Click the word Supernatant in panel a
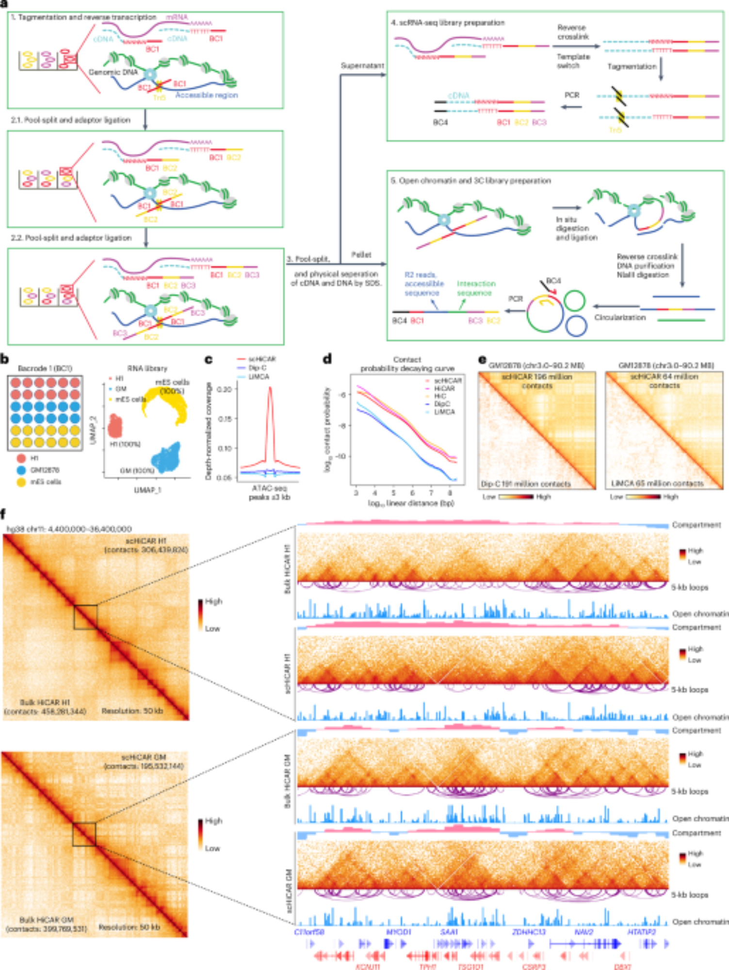(362, 65)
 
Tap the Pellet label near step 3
(361, 255)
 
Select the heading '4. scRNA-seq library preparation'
(448, 23)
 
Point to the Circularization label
(620, 317)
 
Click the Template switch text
(573, 61)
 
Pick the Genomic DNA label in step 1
(113, 72)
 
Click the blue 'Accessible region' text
(207, 95)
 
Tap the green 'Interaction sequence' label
(476, 288)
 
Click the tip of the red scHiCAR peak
(270, 387)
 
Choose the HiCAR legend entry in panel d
(444, 388)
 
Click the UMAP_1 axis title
(147, 490)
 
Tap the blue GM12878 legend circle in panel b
(21, 470)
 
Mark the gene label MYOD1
(398, 932)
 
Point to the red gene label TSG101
(470, 967)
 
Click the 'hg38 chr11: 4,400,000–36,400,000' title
(69, 529)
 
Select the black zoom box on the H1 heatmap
(85, 617)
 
